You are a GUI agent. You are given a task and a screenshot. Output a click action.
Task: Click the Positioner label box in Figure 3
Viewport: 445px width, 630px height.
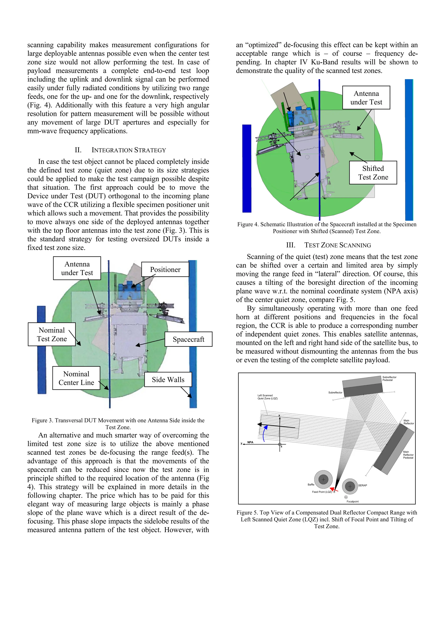click(165, 269)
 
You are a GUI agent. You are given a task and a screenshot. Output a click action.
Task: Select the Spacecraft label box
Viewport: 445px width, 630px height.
click(188, 339)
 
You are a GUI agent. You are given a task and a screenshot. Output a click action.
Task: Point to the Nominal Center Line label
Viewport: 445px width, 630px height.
click(76, 378)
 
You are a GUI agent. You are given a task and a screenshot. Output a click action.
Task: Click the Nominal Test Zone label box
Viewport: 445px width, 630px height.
click(52, 334)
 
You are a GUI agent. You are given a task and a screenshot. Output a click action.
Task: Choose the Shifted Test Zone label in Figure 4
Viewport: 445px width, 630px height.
click(373, 173)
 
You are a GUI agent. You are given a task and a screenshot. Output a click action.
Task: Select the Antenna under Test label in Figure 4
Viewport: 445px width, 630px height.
click(366, 98)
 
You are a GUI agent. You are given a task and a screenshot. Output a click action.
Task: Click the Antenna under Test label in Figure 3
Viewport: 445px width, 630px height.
click(77, 268)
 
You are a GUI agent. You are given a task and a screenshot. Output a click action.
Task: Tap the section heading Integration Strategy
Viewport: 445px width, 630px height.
click(120, 150)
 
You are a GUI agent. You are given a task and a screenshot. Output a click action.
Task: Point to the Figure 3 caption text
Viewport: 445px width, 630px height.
click(118, 424)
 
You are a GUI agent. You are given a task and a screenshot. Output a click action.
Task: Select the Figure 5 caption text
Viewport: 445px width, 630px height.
click(327, 519)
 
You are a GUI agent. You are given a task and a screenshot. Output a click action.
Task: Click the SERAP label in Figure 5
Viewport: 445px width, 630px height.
click(362, 485)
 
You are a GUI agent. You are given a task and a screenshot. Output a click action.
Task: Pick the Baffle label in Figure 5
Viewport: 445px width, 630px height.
click(311, 485)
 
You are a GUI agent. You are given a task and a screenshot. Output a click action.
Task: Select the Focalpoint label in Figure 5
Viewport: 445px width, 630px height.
click(352, 501)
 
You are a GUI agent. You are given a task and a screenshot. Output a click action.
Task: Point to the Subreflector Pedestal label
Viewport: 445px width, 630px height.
click(389, 378)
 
